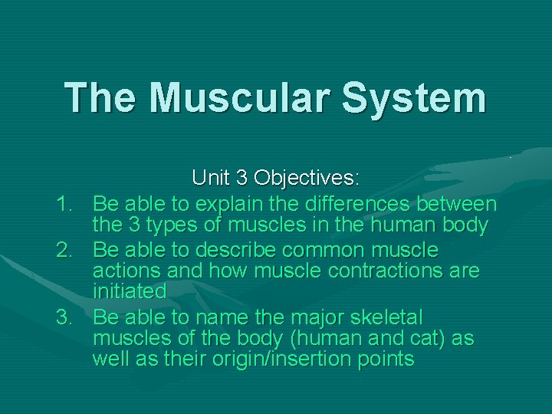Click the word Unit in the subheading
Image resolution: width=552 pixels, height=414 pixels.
click(209, 179)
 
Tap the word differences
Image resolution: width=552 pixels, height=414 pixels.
click(347, 205)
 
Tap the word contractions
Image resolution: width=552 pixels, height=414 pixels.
click(363, 271)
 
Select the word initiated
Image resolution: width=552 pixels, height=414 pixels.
click(129, 292)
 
